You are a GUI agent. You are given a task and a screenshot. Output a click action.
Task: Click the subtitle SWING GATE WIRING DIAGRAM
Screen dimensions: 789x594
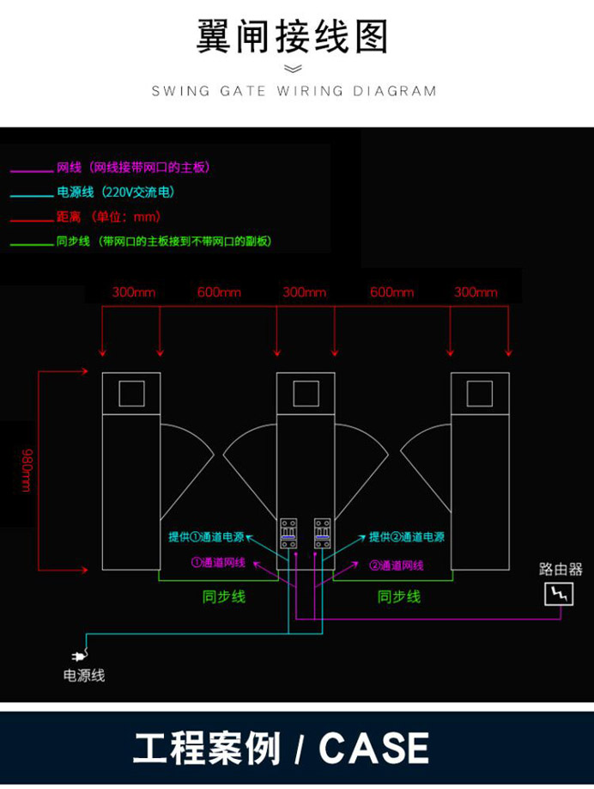(x=294, y=91)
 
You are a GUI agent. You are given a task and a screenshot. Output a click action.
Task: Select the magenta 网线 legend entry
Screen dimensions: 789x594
(x=133, y=167)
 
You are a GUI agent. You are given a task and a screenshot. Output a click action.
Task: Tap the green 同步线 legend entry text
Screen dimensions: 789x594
(x=164, y=242)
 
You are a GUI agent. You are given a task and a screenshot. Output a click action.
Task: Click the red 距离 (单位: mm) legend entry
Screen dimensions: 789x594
(x=108, y=217)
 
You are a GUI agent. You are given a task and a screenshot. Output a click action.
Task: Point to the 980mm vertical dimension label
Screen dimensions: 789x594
(x=26, y=470)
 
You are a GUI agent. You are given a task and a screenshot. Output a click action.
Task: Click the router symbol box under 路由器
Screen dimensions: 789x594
(x=560, y=593)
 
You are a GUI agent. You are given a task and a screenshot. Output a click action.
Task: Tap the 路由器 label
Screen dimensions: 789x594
(x=561, y=569)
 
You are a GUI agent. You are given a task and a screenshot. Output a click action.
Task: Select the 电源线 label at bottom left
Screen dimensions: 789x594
(x=84, y=676)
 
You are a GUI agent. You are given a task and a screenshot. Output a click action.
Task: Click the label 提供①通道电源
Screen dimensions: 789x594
(x=206, y=537)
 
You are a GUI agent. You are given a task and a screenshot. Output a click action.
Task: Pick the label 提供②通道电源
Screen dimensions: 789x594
(x=407, y=537)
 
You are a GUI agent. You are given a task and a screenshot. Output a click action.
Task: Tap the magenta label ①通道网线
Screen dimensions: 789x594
(x=218, y=563)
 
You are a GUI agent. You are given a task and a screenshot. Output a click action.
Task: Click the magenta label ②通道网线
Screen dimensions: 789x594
(x=397, y=566)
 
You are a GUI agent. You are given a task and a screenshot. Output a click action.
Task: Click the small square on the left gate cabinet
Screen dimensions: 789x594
(x=131, y=393)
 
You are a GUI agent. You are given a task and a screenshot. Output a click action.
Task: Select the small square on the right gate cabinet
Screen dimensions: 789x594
(x=480, y=393)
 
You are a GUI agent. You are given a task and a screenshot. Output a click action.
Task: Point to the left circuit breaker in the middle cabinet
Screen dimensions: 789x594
(x=288, y=533)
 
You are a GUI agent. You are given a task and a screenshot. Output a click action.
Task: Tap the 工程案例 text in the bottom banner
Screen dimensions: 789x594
(x=207, y=748)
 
